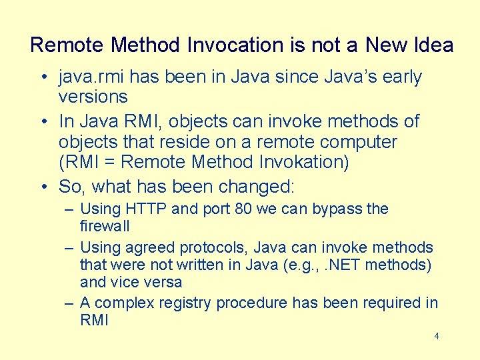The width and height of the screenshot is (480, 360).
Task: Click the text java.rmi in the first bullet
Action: pos(85,77)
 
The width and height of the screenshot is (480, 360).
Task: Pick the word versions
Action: pos(93,97)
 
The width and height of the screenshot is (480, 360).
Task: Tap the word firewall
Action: pos(105,226)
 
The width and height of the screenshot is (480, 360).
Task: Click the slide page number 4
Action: pos(437,336)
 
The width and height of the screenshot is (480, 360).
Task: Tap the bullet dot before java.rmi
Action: pos(42,78)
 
